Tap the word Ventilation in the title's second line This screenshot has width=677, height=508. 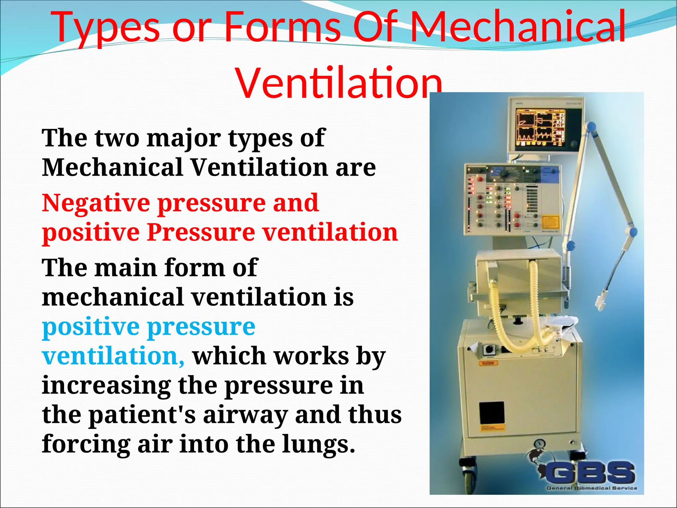coord(339,83)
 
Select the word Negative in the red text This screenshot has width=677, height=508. coord(96,203)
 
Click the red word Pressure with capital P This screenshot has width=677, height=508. coord(201,232)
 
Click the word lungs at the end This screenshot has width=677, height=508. coord(319,444)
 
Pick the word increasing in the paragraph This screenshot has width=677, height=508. coord(106,386)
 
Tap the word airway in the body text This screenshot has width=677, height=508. coord(245,415)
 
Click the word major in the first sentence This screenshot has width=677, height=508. coord(183,138)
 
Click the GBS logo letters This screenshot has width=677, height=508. coord(590,473)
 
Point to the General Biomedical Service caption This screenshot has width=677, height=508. coord(592,488)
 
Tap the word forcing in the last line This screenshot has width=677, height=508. coord(86,444)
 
